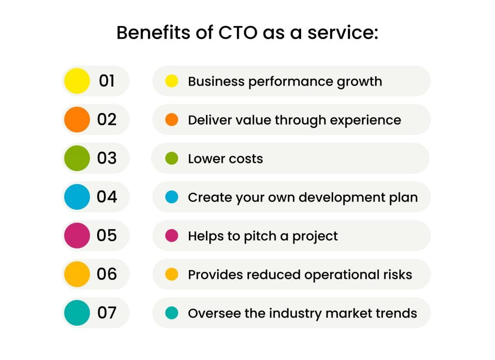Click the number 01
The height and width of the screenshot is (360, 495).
(107, 81)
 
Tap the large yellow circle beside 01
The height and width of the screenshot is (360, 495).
(77, 81)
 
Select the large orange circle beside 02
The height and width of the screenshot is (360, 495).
(77, 119)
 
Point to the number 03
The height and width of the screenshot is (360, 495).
(107, 158)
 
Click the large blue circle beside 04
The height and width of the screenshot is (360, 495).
(77, 197)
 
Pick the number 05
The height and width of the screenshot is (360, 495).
(107, 235)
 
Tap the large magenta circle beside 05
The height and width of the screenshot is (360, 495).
(77, 235)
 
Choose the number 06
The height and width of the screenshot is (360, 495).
(107, 274)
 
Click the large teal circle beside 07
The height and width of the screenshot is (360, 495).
(77, 313)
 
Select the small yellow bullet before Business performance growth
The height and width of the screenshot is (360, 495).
(172, 81)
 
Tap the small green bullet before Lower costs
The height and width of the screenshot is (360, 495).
(172, 158)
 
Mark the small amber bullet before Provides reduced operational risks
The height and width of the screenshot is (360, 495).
(172, 274)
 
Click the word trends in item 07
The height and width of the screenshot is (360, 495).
(397, 313)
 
